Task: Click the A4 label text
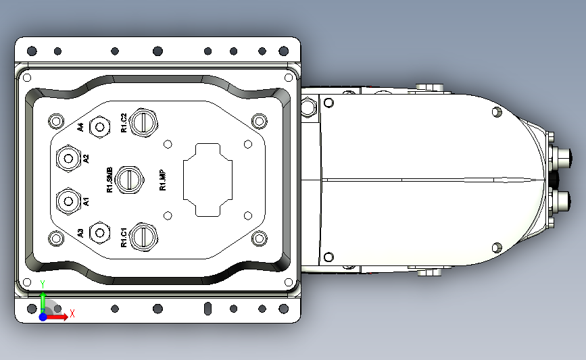[80, 127]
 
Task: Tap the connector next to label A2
[68, 158]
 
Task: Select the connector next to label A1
[68, 201]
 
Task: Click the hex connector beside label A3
[100, 233]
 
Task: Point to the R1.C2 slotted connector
[143, 122]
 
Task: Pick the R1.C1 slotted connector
[143, 236]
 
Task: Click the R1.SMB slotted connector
[129, 180]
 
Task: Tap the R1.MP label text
[163, 180]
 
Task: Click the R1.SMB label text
[109, 180]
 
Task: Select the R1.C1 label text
[124, 238]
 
